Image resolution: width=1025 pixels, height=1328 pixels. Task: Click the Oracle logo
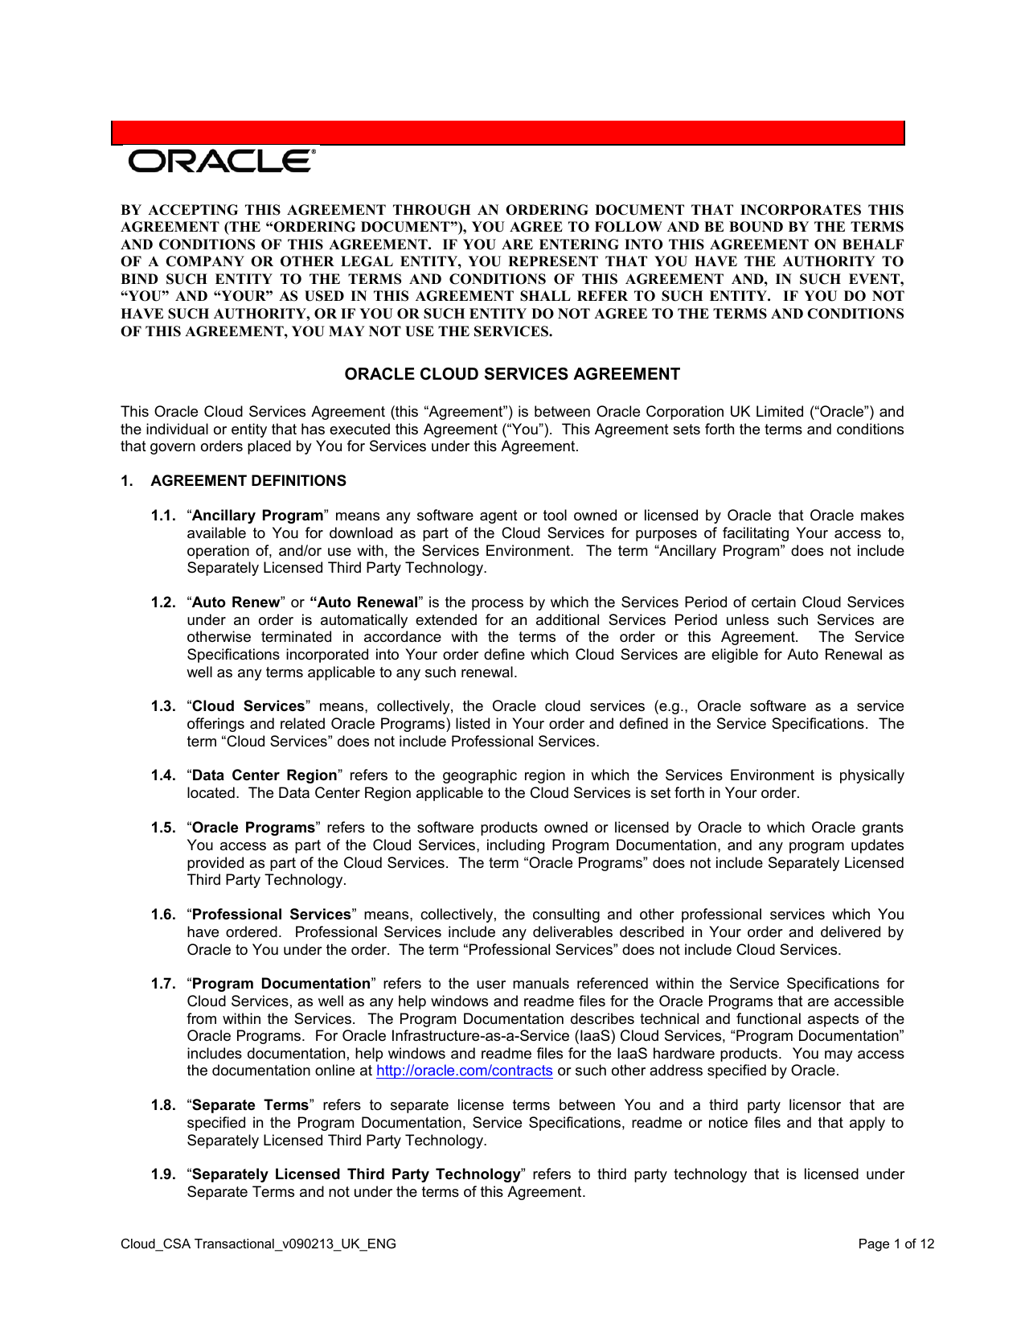pyautogui.click(x=222, y=161)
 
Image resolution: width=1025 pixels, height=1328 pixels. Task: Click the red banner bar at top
pyautogui.click(x=508, y=133)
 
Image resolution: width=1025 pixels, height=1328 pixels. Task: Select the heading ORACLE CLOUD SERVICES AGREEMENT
pyautogui.click(x=512, y=374)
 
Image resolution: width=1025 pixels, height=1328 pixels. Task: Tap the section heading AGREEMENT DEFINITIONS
pyautogui.click(x=248, y=481)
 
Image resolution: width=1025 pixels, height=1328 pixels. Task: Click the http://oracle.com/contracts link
pyautogui.click(x=464, y=1071)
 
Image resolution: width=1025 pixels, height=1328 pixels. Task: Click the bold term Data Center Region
pyautogui.click(x=264, y=775)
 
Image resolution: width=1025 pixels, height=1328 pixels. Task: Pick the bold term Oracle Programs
pyautogui.click(x=254, y=828)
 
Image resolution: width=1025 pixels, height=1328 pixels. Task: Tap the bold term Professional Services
pyautogui.click(x=272, y=915)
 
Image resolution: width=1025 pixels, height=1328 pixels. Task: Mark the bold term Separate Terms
pyautogui.click(x=250, y=1105)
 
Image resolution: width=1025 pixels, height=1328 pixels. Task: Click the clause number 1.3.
pyautogui.click(x=162, y=706)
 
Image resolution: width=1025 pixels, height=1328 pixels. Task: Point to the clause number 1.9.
pyautogui.click(x=162, y=1174)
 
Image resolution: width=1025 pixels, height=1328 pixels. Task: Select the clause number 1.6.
pyautogui.click(x=162, y=915)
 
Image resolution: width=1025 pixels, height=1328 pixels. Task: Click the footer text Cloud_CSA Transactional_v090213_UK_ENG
pyautogui.click(x=258, y=1244)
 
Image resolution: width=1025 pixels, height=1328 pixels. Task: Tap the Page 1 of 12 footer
pyautogui.click(x=896, y=1244)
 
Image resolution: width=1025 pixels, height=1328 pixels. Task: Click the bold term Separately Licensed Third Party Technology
pyautogui.click(x=356, y=1174)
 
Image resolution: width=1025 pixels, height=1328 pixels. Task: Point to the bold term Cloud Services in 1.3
pyautogui.click(x=248, y=706)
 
